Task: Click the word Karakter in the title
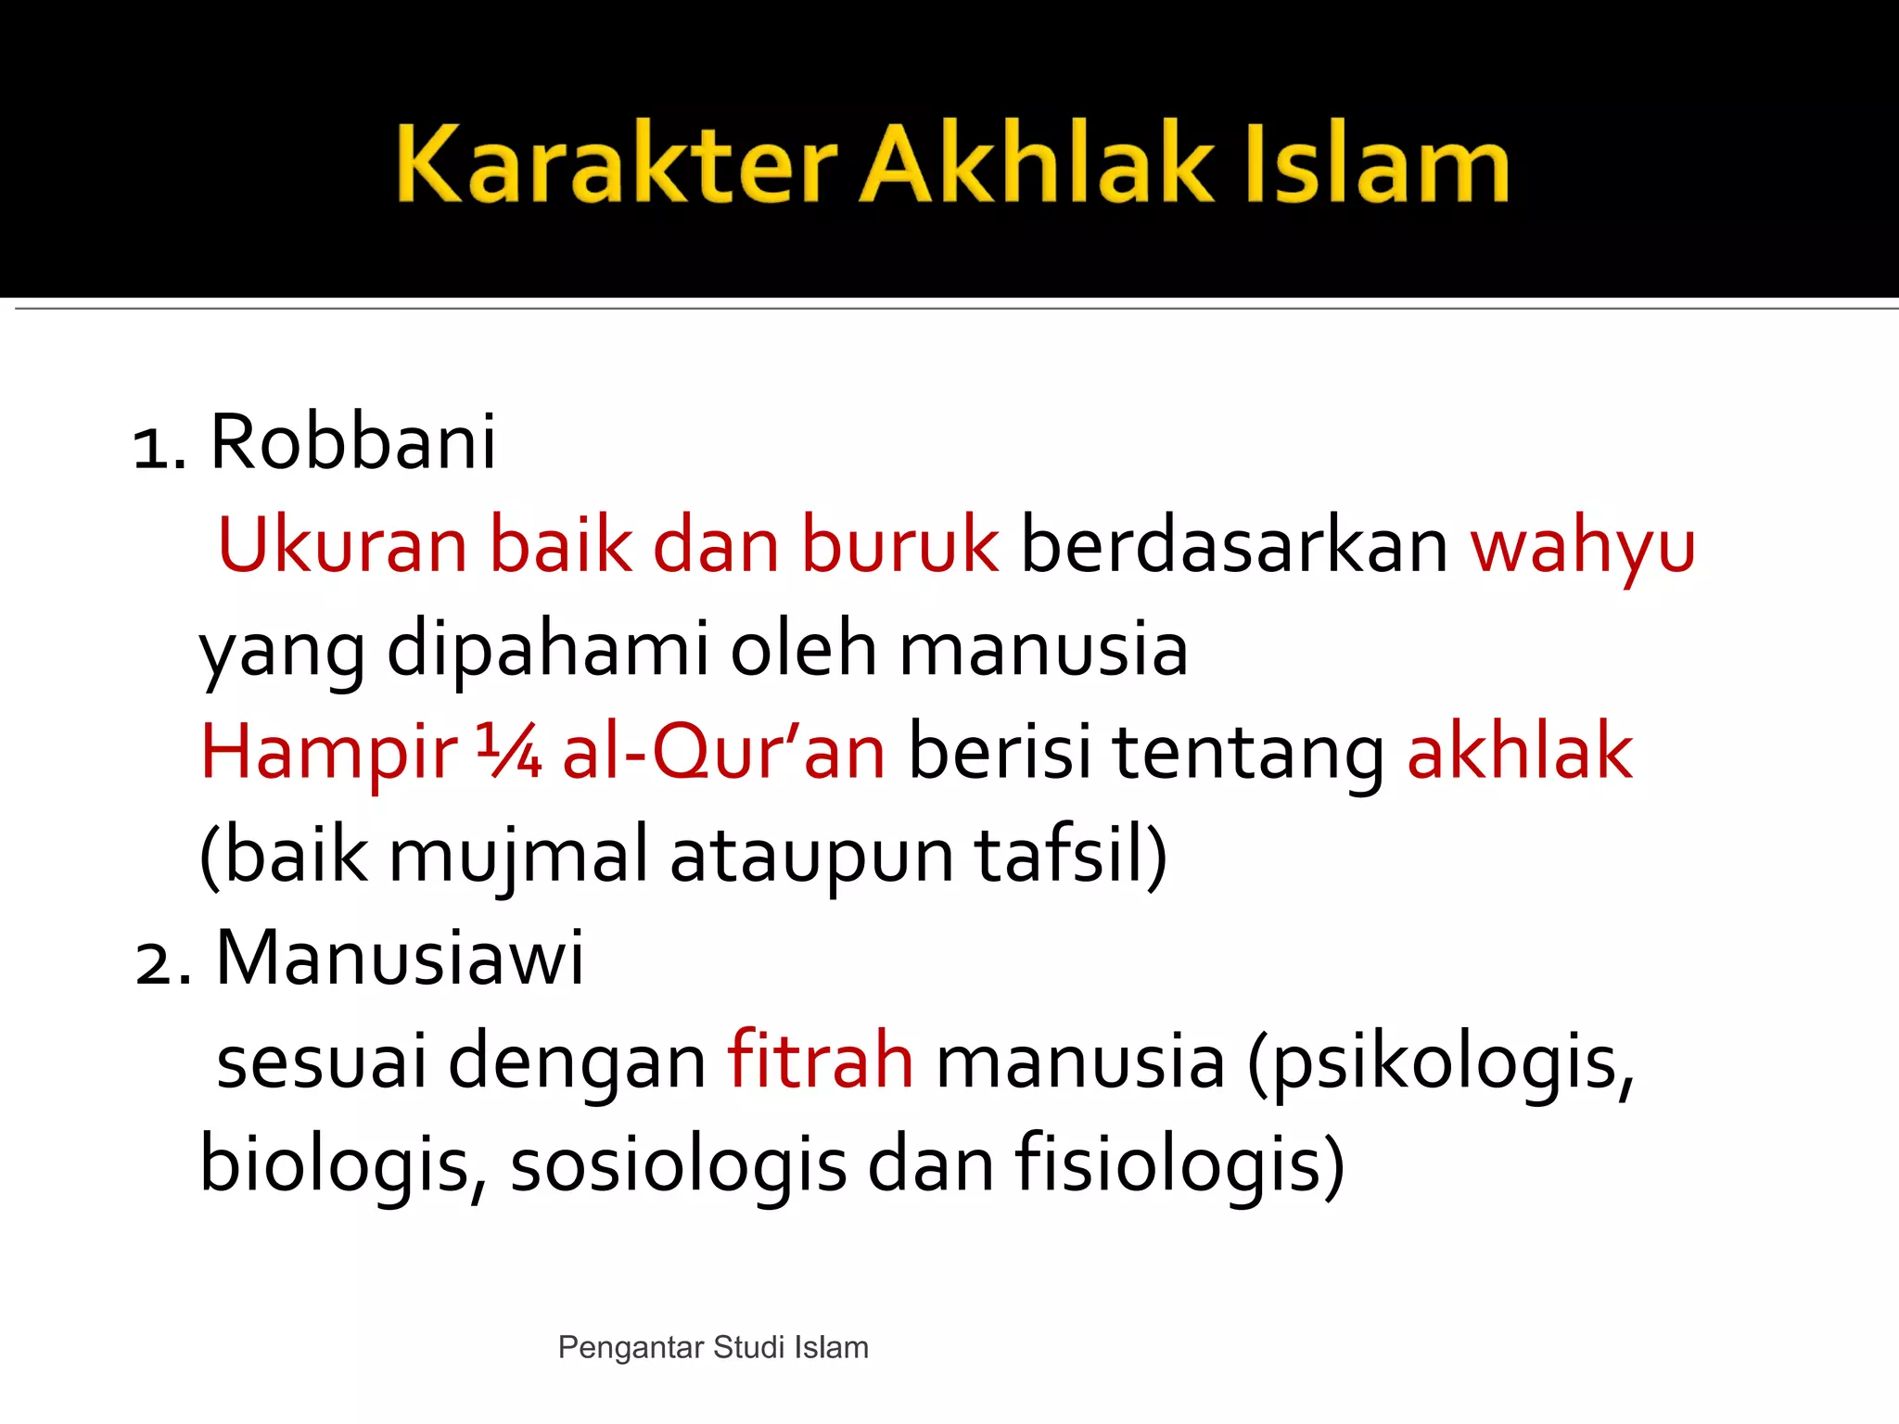pos(617,164)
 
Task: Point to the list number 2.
pos(159,962)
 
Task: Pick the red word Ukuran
pos(342,545)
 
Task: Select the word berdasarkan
pos(1234,545)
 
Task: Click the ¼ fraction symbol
pos(509,751)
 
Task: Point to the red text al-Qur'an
pos(724,753)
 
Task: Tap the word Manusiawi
pos(400,959)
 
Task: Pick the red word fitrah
pos(821,1062)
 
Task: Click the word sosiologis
pos(678,1165)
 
